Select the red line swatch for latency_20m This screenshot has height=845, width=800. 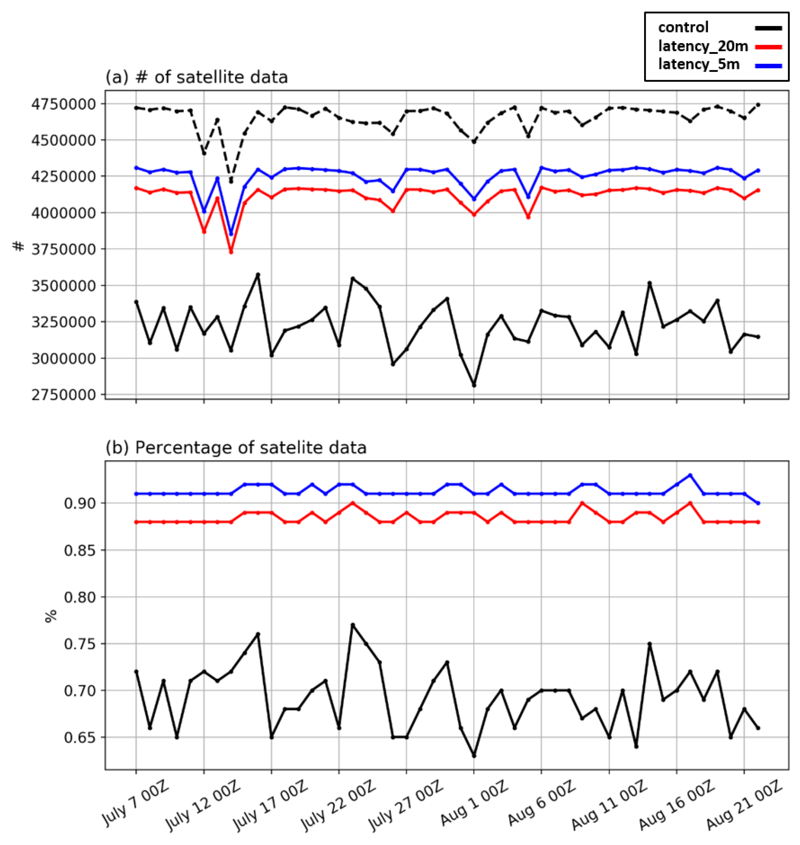(x=769, y=47)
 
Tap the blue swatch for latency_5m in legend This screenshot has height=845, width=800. (x=769, y=66)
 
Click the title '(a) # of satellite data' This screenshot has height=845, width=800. (x=197, y=78)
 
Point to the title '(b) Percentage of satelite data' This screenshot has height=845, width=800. (x=236, y=448)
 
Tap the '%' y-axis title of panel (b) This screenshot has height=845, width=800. (x=51, y=616)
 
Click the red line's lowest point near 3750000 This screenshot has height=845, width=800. (x=231, y=252)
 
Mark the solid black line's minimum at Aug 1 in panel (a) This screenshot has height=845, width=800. (x=473, y=385)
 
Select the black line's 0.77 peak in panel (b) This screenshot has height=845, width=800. (x=352, y=625)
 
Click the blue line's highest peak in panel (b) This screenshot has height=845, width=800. (x=689, y=475)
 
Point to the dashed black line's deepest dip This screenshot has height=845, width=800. (x=231, y=182)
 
